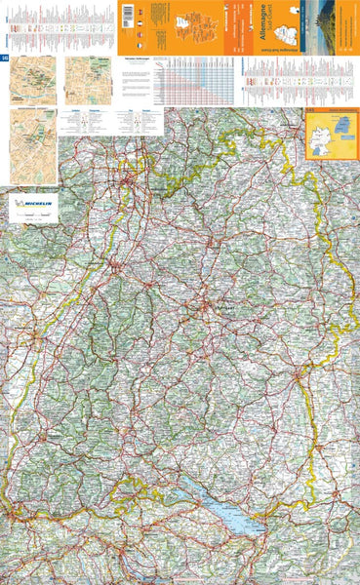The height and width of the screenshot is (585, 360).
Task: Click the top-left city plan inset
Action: click(x=32, y=81)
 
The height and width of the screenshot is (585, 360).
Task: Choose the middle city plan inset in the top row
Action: click(x=85, y=81)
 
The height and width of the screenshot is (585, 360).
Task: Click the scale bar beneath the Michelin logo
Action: click(x=32, y=221)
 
